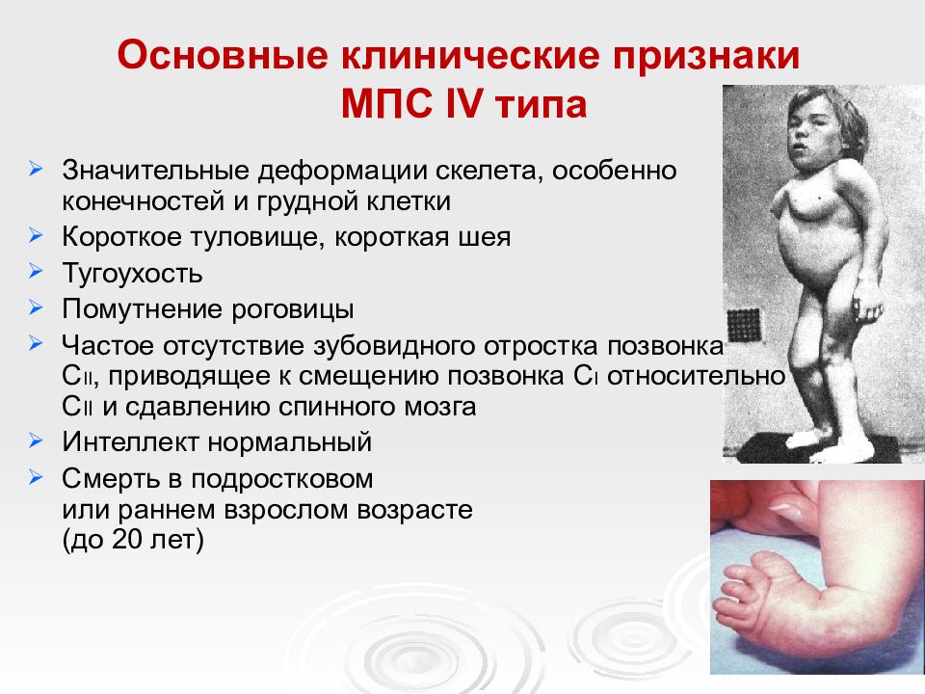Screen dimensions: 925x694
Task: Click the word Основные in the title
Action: click(x=223, y=55)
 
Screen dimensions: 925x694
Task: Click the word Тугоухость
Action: click(x=132, y=274)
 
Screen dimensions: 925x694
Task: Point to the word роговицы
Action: click(x=292, y=309)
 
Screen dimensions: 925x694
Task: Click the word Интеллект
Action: click(x=129, y=442)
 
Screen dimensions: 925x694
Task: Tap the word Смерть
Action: click(x=111, y=479)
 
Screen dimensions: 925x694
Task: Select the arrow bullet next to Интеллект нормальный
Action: click(x=36, y=440)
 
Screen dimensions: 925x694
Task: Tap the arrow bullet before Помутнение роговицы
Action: click(x=36, y=307)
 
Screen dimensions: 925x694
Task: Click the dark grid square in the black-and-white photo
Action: click(x=743, y=325)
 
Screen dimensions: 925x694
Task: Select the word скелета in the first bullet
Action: click(x=489, y=171)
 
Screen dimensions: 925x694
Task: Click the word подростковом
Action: click(x=282, y=480)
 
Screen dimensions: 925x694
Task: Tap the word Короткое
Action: click(x=122, y=237)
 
